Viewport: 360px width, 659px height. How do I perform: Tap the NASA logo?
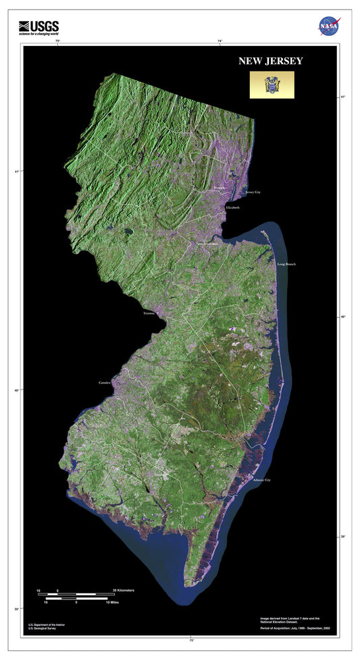329,26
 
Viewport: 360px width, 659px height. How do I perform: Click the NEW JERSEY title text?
270,61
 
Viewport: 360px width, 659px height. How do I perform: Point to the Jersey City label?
253,192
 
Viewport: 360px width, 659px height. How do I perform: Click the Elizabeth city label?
232,207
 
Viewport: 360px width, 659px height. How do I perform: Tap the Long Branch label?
286,264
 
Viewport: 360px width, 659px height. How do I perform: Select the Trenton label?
149,313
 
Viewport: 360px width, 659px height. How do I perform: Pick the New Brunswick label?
206,243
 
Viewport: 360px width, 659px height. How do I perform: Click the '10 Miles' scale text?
112,602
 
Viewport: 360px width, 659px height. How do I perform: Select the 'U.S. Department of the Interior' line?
48,625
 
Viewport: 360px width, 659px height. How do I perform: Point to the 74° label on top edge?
220,42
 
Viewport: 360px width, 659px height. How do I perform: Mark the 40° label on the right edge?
343,316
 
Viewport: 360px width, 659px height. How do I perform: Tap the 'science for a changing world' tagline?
38,33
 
